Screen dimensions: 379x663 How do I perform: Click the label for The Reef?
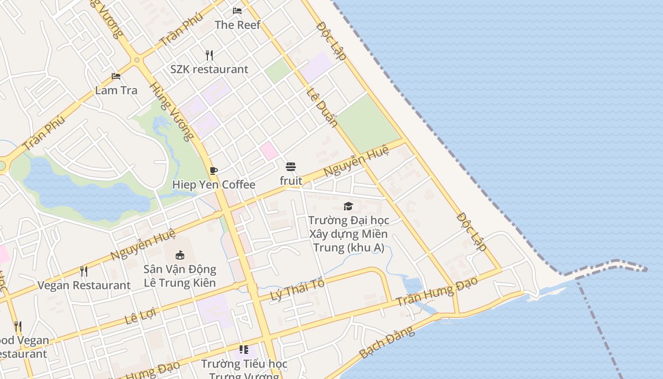point(237,25)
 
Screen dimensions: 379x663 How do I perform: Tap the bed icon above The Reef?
point(237,10)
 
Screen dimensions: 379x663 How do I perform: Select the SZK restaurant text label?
point(209,69)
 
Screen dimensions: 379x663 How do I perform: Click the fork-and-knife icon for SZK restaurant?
point(209,55)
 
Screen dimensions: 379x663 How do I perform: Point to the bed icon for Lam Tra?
point(116,76)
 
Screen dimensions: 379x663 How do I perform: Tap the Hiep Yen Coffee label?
point(214,185)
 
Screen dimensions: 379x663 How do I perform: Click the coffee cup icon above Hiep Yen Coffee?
point(214,171)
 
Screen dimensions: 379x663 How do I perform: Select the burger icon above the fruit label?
point(291,167)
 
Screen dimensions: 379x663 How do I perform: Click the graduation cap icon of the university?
point(349,206)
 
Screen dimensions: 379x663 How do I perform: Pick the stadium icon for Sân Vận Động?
point(180,255)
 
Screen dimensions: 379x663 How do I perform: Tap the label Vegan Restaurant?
point(84,285)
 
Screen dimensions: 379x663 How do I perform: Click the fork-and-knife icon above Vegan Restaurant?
point(84,271)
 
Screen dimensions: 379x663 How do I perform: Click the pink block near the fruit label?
point(269,151)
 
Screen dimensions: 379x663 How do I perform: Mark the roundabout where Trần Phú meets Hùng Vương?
point(137,60)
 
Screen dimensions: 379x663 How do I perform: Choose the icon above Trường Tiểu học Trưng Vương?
point(244,350)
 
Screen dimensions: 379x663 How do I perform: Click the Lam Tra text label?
point(116,90)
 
